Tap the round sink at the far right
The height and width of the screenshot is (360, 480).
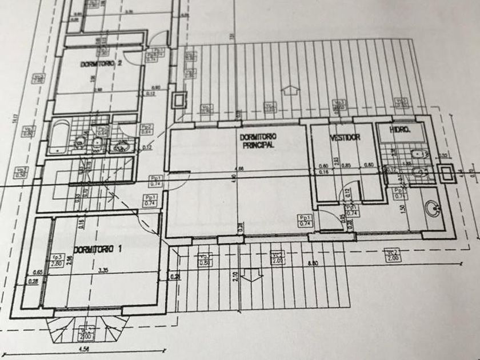coord(433,210)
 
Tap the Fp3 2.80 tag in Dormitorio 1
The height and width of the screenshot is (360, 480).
coord(57,260)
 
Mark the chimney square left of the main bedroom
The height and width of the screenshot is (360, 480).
coord(180,100)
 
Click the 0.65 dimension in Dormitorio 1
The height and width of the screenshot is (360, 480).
coord(39,272)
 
